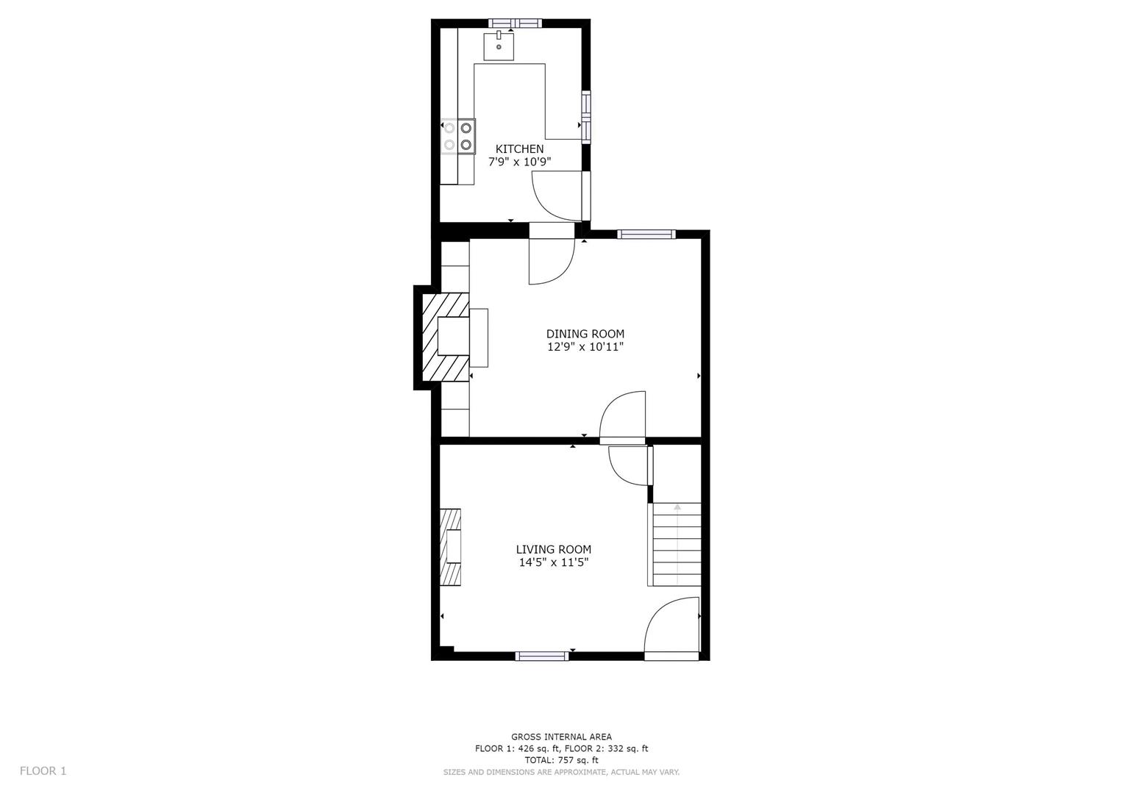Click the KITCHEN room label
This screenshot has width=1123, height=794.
point(519,149)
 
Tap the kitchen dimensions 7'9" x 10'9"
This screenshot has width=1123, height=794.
point(519,162)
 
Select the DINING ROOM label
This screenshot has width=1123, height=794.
point(585,334)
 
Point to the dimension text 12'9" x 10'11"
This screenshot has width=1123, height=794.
point(585,347)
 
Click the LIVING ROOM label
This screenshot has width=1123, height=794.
point(553,549)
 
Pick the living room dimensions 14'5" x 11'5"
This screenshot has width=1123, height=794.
point(553,562)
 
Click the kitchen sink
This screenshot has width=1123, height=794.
point(499,46)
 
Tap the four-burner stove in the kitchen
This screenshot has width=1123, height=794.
point(457,136)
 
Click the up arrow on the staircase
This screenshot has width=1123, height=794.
point(677,507)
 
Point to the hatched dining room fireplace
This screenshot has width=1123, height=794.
point(443,337)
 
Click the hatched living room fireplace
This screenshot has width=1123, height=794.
point(450,547)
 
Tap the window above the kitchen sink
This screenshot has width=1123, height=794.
point(516,23)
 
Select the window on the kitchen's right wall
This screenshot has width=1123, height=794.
point(586,116)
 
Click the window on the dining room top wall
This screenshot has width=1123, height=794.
point(646,235)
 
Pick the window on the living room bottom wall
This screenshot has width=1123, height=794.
point(541,656)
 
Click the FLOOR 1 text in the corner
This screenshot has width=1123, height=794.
point(43,770)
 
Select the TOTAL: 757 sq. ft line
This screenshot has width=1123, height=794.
point(561,760)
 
